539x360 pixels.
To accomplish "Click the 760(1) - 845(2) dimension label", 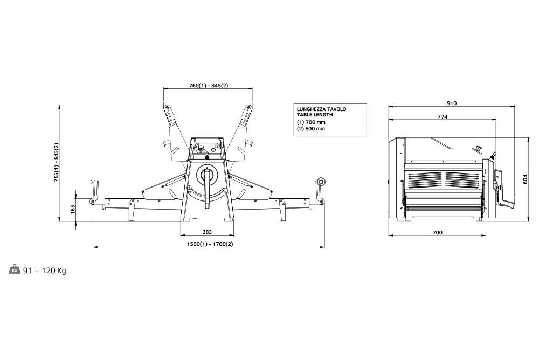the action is coord(208,85).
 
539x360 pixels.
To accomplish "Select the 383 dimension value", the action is coord(207,232).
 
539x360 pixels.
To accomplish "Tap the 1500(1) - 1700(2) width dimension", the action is coord(210,244).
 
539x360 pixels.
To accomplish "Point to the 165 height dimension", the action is coord(73,210).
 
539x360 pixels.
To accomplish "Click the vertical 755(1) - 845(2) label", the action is coord(57,162).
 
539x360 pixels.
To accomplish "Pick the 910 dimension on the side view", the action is coord(452,103).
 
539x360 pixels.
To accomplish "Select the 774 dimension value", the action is coord(443,117).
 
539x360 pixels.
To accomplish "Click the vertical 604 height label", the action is coord(525,179).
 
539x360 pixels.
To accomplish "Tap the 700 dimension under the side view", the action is coord(437,233).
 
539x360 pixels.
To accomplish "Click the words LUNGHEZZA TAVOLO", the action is coord(321,109).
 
